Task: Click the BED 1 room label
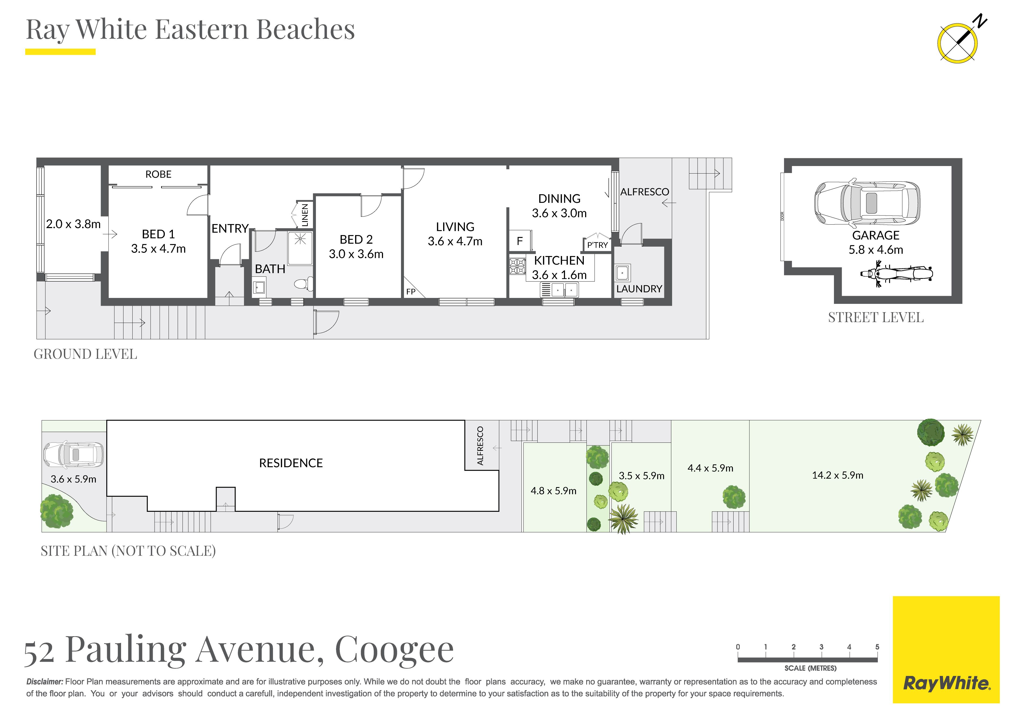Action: tap(158, 234)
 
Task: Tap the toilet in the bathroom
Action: tap(304, 283)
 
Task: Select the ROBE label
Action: tap(158, 174)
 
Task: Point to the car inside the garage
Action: tap(867, 203)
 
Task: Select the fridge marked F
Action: tap(520, 241)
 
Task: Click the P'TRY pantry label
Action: tap(597, 245)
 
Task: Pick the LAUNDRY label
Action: tap(639, 289)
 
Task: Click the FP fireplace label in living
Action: tap(411, 292)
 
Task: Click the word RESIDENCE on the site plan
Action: tap(291, 463)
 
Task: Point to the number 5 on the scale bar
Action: tap(877, 647)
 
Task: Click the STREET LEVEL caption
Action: tap(876, 318)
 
